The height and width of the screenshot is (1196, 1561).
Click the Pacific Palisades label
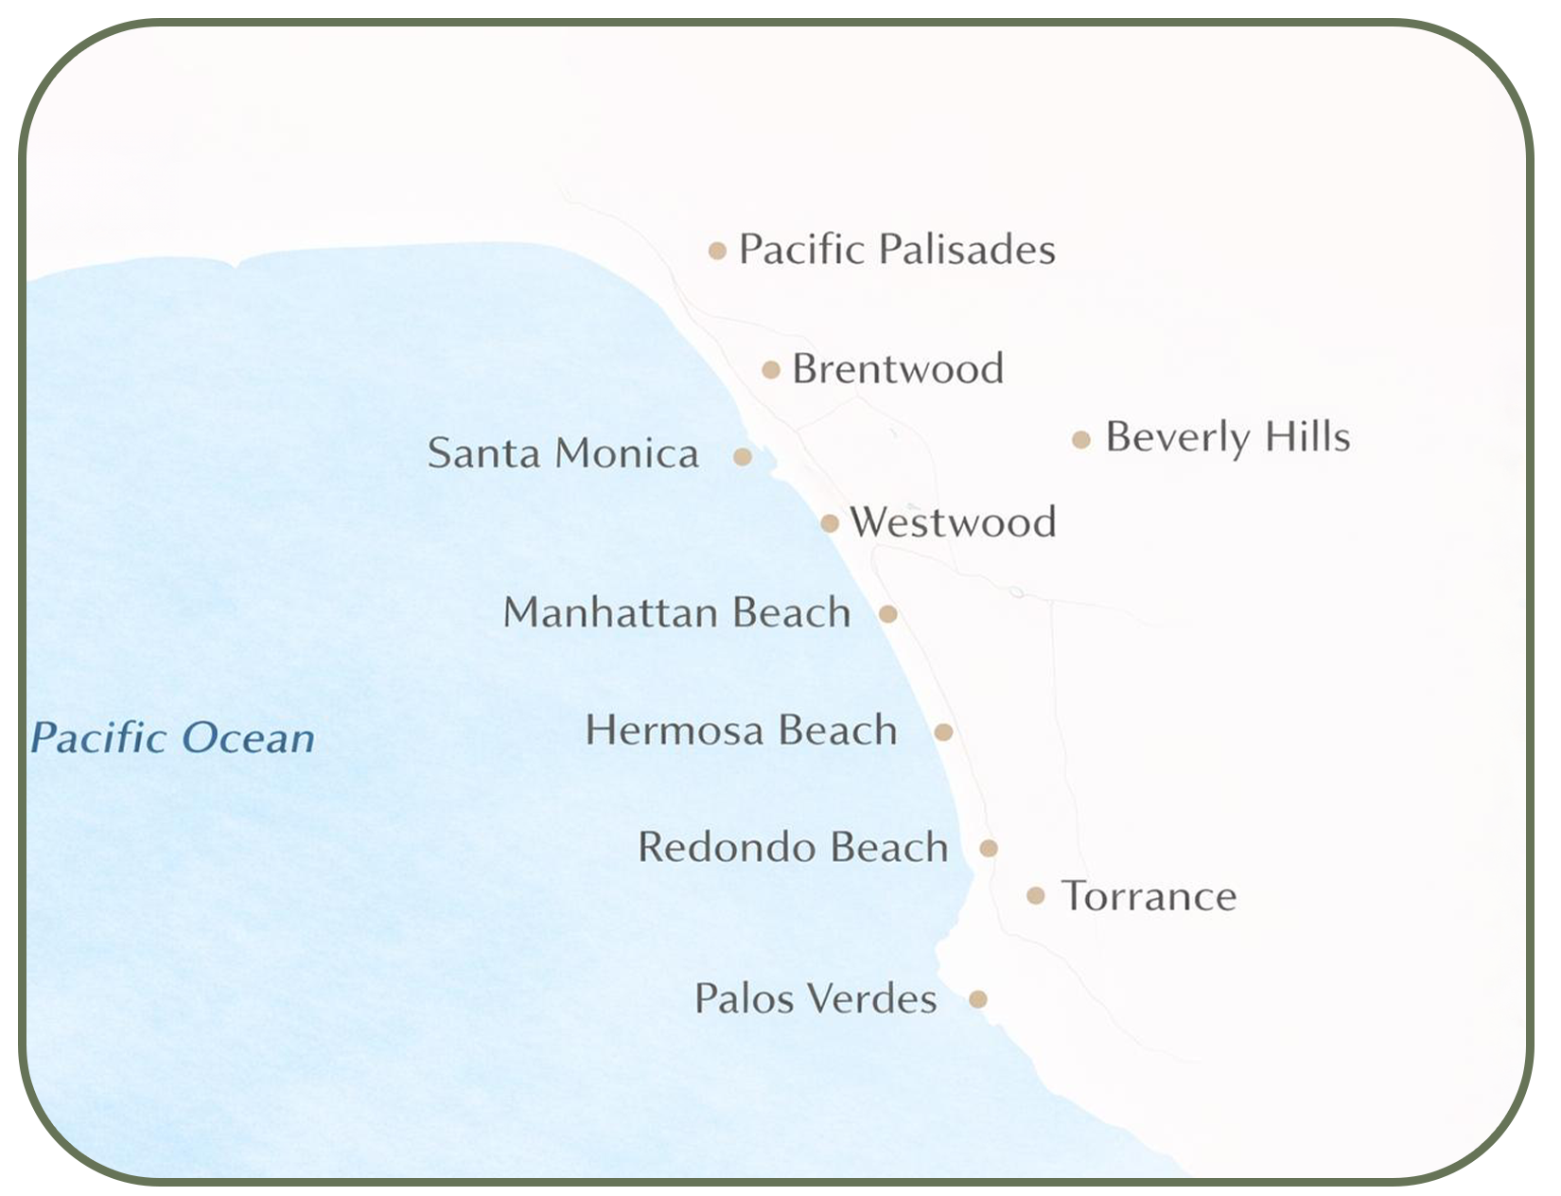(x=896, y=250)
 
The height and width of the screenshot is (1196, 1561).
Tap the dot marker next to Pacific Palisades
(x=717, y=251)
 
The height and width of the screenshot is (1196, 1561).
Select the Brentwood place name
(x=897, y=368)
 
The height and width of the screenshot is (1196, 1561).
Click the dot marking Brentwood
(x=771, y=370)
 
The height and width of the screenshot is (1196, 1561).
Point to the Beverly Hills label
(x=1227, y=437)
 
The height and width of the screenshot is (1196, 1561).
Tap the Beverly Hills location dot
(x=1081, y=440)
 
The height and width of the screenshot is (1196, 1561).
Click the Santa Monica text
(x=563, y=452)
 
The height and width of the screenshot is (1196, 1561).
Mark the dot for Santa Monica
(x=743, y=457)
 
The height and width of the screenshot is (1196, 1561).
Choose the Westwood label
(x=953, y=522)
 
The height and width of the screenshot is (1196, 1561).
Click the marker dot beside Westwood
(x=830, y=523)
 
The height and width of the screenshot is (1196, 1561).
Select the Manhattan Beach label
(x=676, y=612)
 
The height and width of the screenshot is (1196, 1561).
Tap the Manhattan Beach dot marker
(x=887, y=614)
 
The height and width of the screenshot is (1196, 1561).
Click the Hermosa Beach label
(x=741, y=730)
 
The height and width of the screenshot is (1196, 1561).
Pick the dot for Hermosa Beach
(x=943, y=731)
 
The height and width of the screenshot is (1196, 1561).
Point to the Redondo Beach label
(x=793, y=847)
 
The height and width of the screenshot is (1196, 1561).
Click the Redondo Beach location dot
(x=988, y=848)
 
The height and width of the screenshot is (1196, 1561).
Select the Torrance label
(x=1149, y=896)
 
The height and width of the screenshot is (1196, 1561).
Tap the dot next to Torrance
(x=1036, y=895)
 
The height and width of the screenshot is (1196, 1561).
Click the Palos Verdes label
(x=816, y=998)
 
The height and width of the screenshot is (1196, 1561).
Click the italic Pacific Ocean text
(x=172, y=738)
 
